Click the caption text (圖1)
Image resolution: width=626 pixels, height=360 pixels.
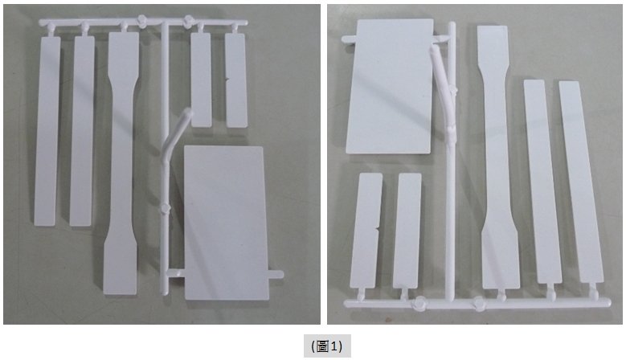pos(327,346)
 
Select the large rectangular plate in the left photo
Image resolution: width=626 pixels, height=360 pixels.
pos(226,223)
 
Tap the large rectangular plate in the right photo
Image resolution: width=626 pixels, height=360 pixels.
pos(390,86)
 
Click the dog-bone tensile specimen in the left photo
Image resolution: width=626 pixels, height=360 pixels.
pos(121,163)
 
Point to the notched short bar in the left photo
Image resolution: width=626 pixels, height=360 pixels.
pos(236,80)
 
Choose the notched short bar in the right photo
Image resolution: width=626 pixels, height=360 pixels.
pos(366,231)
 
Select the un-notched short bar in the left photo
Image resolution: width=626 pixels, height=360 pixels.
pos(201,80)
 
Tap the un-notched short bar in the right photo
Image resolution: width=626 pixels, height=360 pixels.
pos(407,231)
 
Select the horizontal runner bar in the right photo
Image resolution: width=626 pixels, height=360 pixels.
pos(477,303)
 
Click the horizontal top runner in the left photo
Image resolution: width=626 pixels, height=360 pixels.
pos(143,22)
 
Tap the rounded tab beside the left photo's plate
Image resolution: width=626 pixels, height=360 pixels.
pos(276,275)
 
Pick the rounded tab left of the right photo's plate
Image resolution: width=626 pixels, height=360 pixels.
pos(349,39)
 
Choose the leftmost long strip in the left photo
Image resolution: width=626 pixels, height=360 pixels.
pos(47,131)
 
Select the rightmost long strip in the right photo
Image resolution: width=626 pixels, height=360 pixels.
pos(581,182)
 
